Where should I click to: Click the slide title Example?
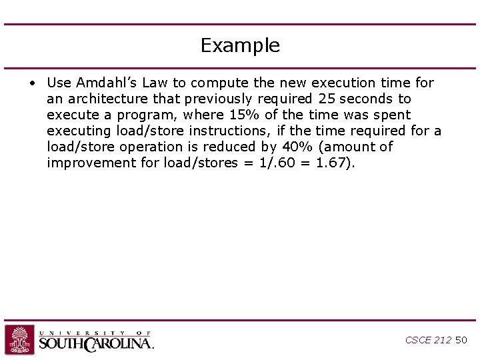(240, 45)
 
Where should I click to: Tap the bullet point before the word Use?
(32, 83)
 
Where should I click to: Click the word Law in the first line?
(155, 83)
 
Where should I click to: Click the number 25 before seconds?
(327, 99)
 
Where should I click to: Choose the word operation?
(152, 147)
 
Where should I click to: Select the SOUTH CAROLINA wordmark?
(96, 344)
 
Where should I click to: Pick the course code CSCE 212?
(428, 340)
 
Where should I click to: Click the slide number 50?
(461, 340)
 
